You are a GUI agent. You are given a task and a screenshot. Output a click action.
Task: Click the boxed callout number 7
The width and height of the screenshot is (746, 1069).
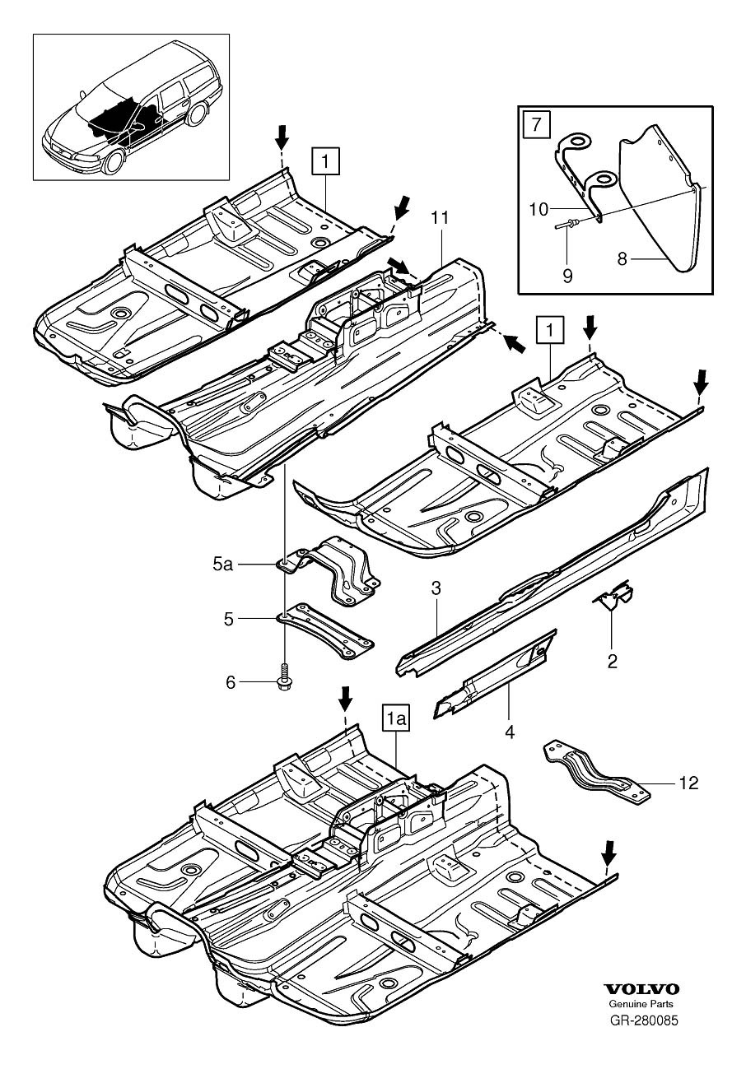(x=534, y=126)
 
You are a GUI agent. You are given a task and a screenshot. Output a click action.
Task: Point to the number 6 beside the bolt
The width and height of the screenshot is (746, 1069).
(x=231, y=681)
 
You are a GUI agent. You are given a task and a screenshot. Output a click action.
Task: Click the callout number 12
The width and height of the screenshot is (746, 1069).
(x=688, y=783)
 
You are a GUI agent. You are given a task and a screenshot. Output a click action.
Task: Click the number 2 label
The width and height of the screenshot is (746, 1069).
(x=611, y=660)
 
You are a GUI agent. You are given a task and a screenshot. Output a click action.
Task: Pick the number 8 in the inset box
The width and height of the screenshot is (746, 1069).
(x=622, y=258)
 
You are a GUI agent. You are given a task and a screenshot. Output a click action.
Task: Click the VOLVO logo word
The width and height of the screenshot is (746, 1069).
(x=641, y=990)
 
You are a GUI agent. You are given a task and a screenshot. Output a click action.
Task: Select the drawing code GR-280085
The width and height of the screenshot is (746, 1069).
(x=643, y=1021)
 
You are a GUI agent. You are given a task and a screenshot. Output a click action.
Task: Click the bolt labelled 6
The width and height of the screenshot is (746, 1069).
(x=285, y=680)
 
